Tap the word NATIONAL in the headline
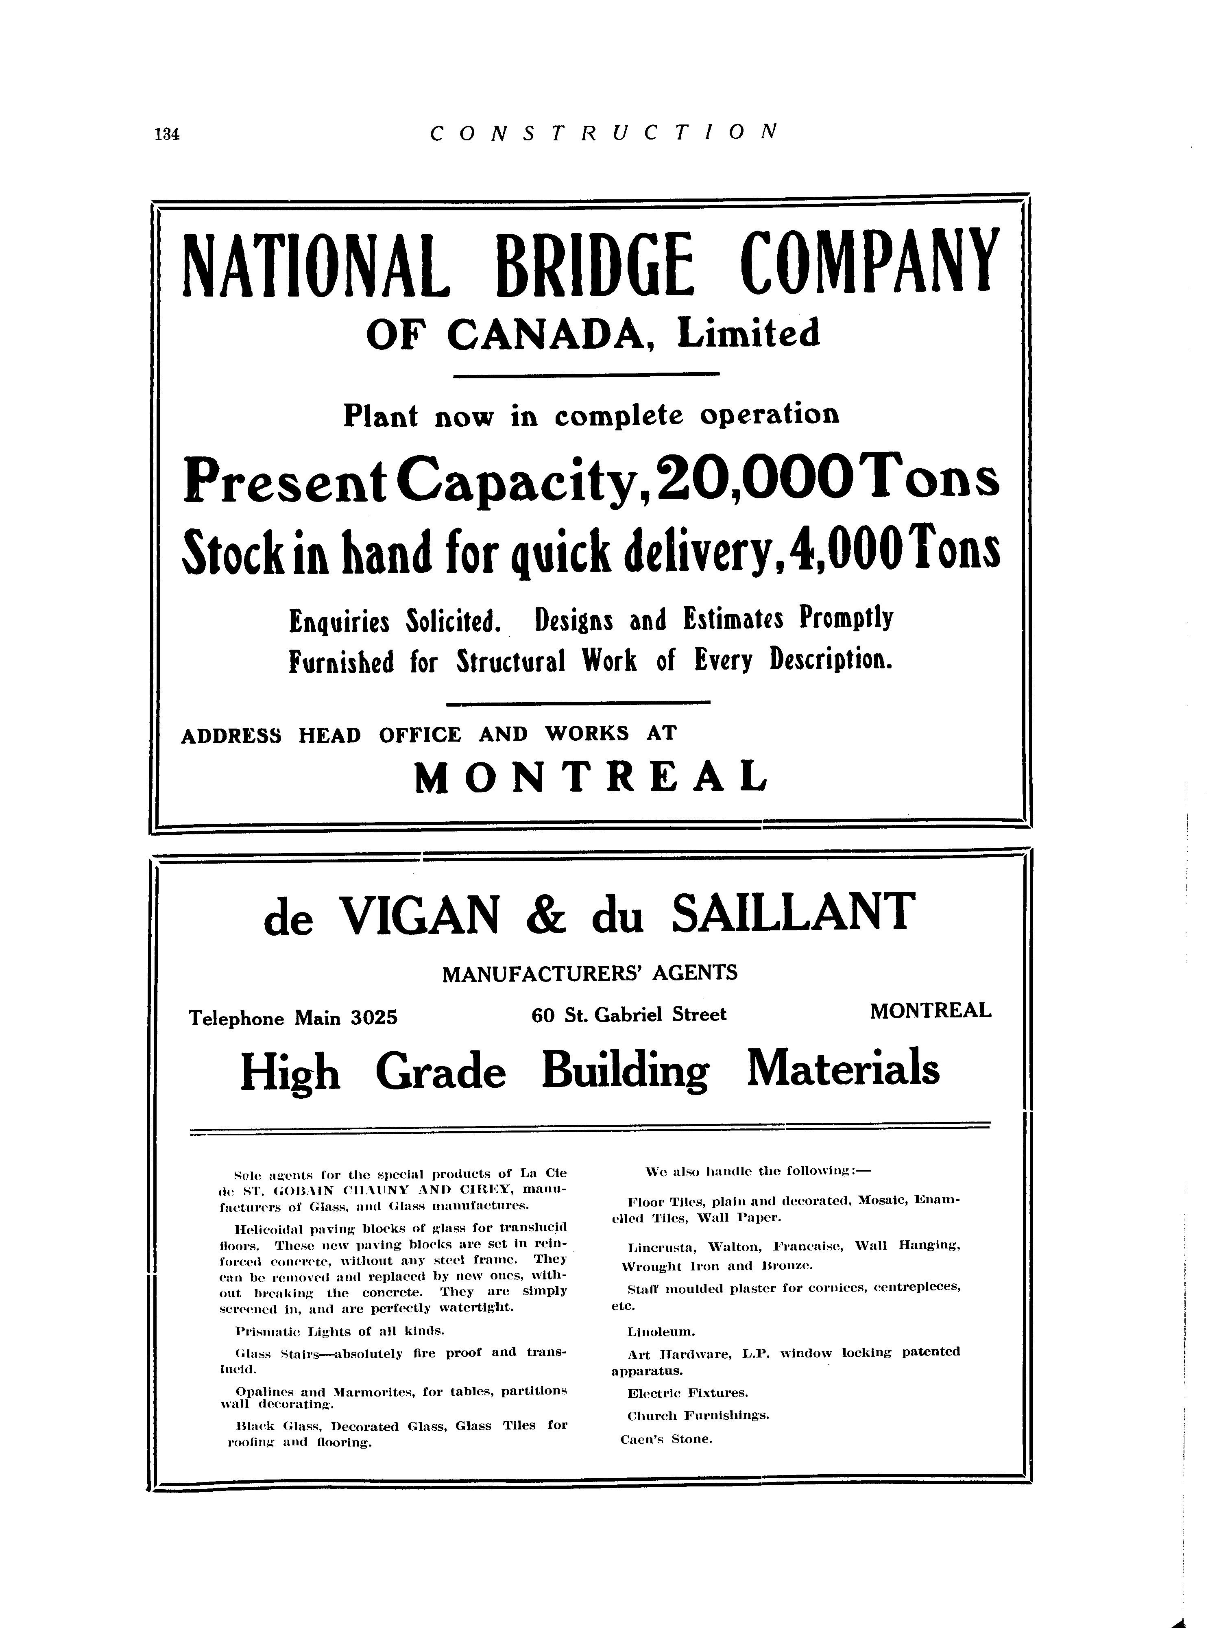click(316, 265)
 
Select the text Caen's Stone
click(667, 1439)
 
